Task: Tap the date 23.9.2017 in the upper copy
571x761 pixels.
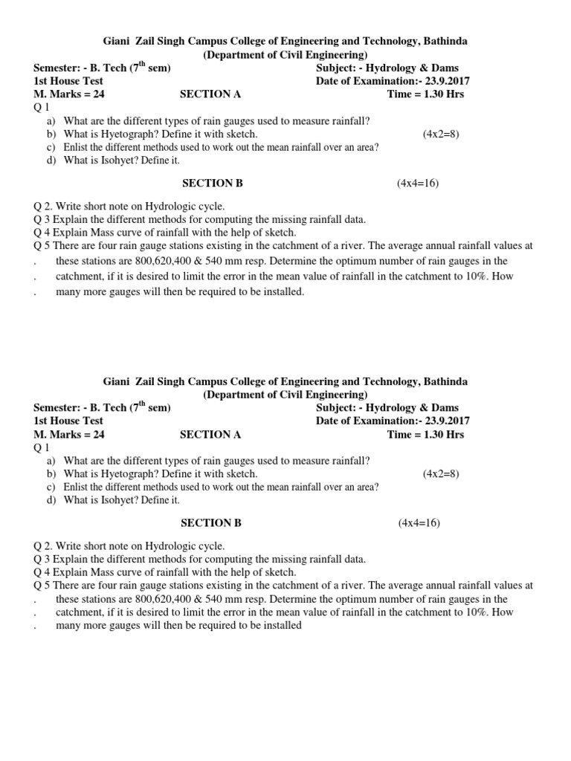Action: (447, 81)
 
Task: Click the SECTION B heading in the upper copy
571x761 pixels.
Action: (213, 183)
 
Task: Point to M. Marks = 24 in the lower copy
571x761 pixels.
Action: (69, 435)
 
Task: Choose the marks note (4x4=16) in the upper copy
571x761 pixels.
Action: (418, 183)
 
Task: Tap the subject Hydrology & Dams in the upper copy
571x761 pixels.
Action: (413, 68)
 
